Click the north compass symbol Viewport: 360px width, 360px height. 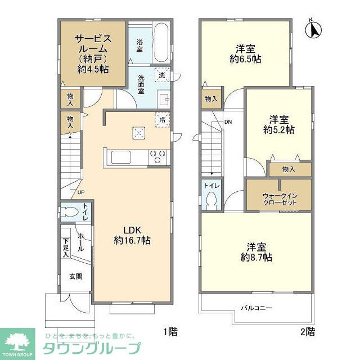pos(314,29)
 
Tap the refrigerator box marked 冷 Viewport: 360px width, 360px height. pos(163,120)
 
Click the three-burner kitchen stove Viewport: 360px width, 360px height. pos(157,156)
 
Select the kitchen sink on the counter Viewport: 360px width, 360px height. pos(120,156)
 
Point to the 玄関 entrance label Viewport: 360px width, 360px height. pos(76,276)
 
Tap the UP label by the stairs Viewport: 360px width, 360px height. pos(81,192)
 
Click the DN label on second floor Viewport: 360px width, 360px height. pos(228,121)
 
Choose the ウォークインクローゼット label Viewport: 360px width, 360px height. pos(278,199)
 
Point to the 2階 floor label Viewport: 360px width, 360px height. pos(307,331)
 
